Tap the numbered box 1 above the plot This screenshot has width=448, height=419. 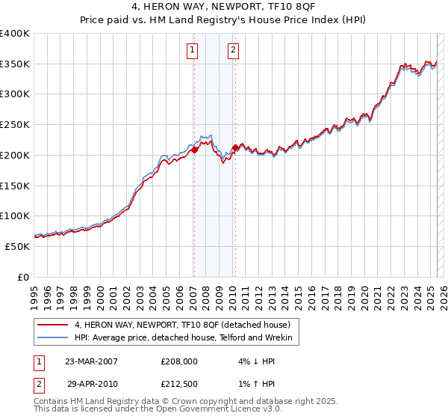click(193, 50)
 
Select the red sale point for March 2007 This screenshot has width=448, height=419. click(194, 150)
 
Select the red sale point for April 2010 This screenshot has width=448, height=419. click(235, 147)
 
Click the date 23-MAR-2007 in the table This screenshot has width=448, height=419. click(91, 361)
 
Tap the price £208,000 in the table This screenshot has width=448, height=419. click(179, 361)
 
